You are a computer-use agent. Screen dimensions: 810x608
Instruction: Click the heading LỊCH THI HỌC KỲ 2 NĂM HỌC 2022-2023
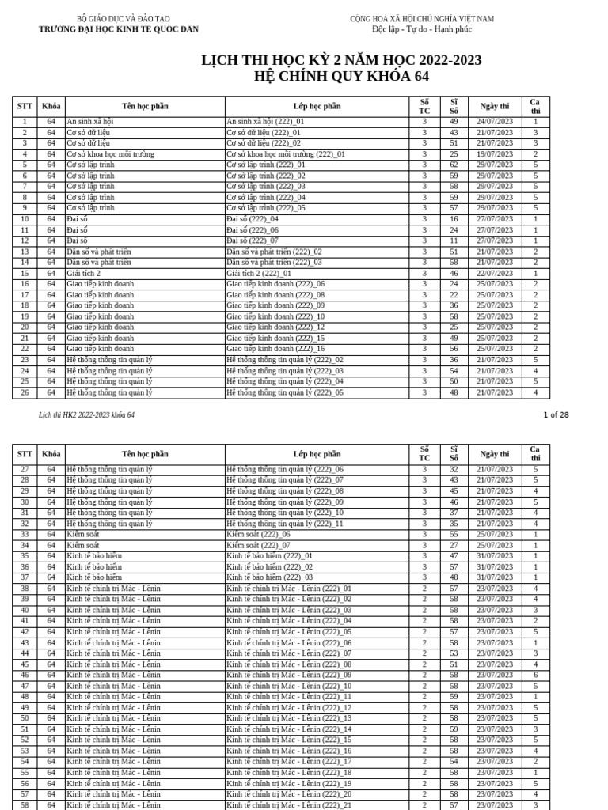pyautogui.click(x=341, y=61)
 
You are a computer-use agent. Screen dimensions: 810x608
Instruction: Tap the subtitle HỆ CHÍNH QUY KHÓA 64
pyautogui.click(x=341, y=77)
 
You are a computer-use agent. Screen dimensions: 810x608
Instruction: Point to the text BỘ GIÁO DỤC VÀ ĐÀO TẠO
pyautogui.click(x=118, y=18)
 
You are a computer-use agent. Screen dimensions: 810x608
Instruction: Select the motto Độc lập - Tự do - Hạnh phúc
pyautogui.click(x=422, y=29)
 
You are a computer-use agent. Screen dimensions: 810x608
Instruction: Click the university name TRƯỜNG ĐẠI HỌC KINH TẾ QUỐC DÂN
pyautogui.click(x=119, y=29)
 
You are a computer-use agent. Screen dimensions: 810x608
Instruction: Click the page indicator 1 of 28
pyautogui.click(x=556, y=414)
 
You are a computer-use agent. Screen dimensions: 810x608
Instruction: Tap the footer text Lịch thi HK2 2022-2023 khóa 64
pyautogui.click(x=87, y=414)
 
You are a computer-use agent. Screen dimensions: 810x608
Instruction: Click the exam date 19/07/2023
pyautogui.click(x=495, y=154)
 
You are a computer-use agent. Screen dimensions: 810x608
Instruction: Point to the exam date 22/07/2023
pyautogui.click(x=495, y=273)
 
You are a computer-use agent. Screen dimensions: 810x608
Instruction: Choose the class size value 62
pyautogui.click(x=454, y=165)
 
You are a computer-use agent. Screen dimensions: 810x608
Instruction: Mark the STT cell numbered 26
pyautogui.click(x=25, y=392)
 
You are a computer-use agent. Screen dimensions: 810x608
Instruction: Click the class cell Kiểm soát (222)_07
pyautogui.click(x=258, y=545)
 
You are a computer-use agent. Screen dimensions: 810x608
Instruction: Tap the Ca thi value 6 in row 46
pyautogui.click(x=535, y=675)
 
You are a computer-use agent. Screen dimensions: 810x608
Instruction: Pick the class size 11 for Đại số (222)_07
pyautogui.click(x=454, y=240)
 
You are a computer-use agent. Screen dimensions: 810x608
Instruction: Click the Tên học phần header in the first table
pyautogui.click(x=145, y=106)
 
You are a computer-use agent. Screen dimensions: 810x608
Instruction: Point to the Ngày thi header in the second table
pyautogui.click(x=495, y=454)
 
